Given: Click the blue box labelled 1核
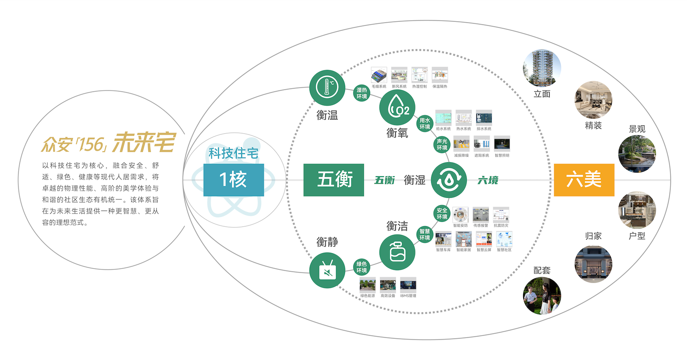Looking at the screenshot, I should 233,180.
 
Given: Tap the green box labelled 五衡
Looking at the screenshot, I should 334,180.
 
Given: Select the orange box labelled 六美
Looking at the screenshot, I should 584,180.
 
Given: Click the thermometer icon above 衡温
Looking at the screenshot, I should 327,88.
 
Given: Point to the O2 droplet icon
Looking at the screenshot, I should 397,108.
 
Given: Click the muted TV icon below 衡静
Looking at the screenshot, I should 327,271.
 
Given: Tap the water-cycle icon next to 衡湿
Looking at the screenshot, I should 449,180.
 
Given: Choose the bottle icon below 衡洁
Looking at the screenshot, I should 397,252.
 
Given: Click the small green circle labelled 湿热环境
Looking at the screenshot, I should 362,93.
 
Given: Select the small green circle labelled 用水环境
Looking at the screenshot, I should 425,123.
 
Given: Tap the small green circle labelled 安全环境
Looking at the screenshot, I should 442,214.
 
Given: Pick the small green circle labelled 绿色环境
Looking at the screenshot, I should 362,267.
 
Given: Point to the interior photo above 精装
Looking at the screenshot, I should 593,100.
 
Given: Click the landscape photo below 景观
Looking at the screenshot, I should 637,154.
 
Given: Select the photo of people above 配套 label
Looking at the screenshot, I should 542,295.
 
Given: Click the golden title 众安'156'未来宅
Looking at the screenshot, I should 108,143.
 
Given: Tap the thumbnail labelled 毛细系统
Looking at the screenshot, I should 379,75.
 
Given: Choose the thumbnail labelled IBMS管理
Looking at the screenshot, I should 408,285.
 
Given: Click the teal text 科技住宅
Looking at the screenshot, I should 233,154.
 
